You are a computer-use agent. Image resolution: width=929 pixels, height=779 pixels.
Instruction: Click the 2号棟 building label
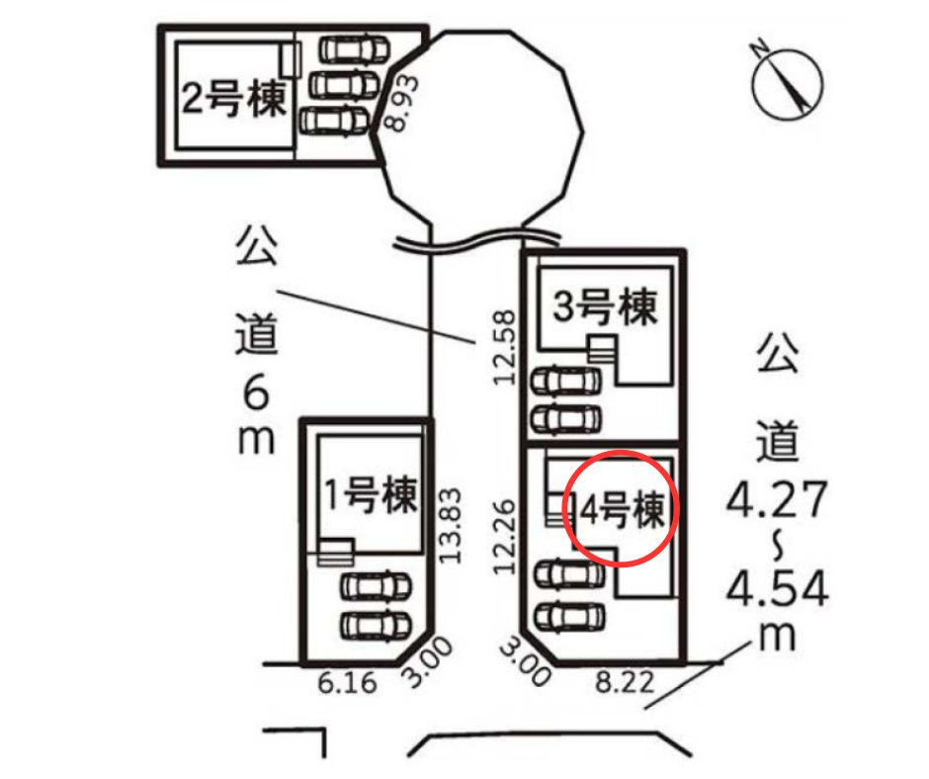click(x=234, y=99)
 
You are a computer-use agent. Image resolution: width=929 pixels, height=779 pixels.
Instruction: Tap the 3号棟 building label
click(x=605, y=306)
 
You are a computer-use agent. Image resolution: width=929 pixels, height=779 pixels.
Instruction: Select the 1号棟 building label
click(x=372, y=494)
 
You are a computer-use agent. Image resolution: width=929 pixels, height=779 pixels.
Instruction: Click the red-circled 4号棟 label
click(x=623, y=509)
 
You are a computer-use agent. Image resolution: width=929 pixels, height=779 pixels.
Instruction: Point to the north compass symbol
click(x=787, y=81)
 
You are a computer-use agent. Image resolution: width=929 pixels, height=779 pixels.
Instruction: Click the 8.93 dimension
click(x=400, y=103)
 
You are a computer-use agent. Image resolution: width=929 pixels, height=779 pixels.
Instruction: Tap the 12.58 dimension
click(x=505, y=347)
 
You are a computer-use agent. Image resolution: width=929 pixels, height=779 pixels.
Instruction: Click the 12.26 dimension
click(x=505, y=537)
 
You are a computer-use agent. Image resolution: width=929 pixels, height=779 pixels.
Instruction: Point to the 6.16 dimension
click(x=347, y=683)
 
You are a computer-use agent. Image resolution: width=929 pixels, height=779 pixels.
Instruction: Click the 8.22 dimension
click(x=625, y=683)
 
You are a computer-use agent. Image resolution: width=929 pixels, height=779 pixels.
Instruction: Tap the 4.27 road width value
click(x=777, y=500)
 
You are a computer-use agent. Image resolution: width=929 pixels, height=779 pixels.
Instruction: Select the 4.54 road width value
click(x=778, y=588)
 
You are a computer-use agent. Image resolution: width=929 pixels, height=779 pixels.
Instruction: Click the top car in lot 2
click(x=354, y=49)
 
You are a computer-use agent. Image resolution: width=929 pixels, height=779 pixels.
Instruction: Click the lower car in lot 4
click(x=570, y=617)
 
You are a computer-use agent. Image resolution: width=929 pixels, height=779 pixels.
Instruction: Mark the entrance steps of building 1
click(x=336, y=552)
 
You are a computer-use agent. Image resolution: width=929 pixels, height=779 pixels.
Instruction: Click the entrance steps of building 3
click(x=603, y=349)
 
